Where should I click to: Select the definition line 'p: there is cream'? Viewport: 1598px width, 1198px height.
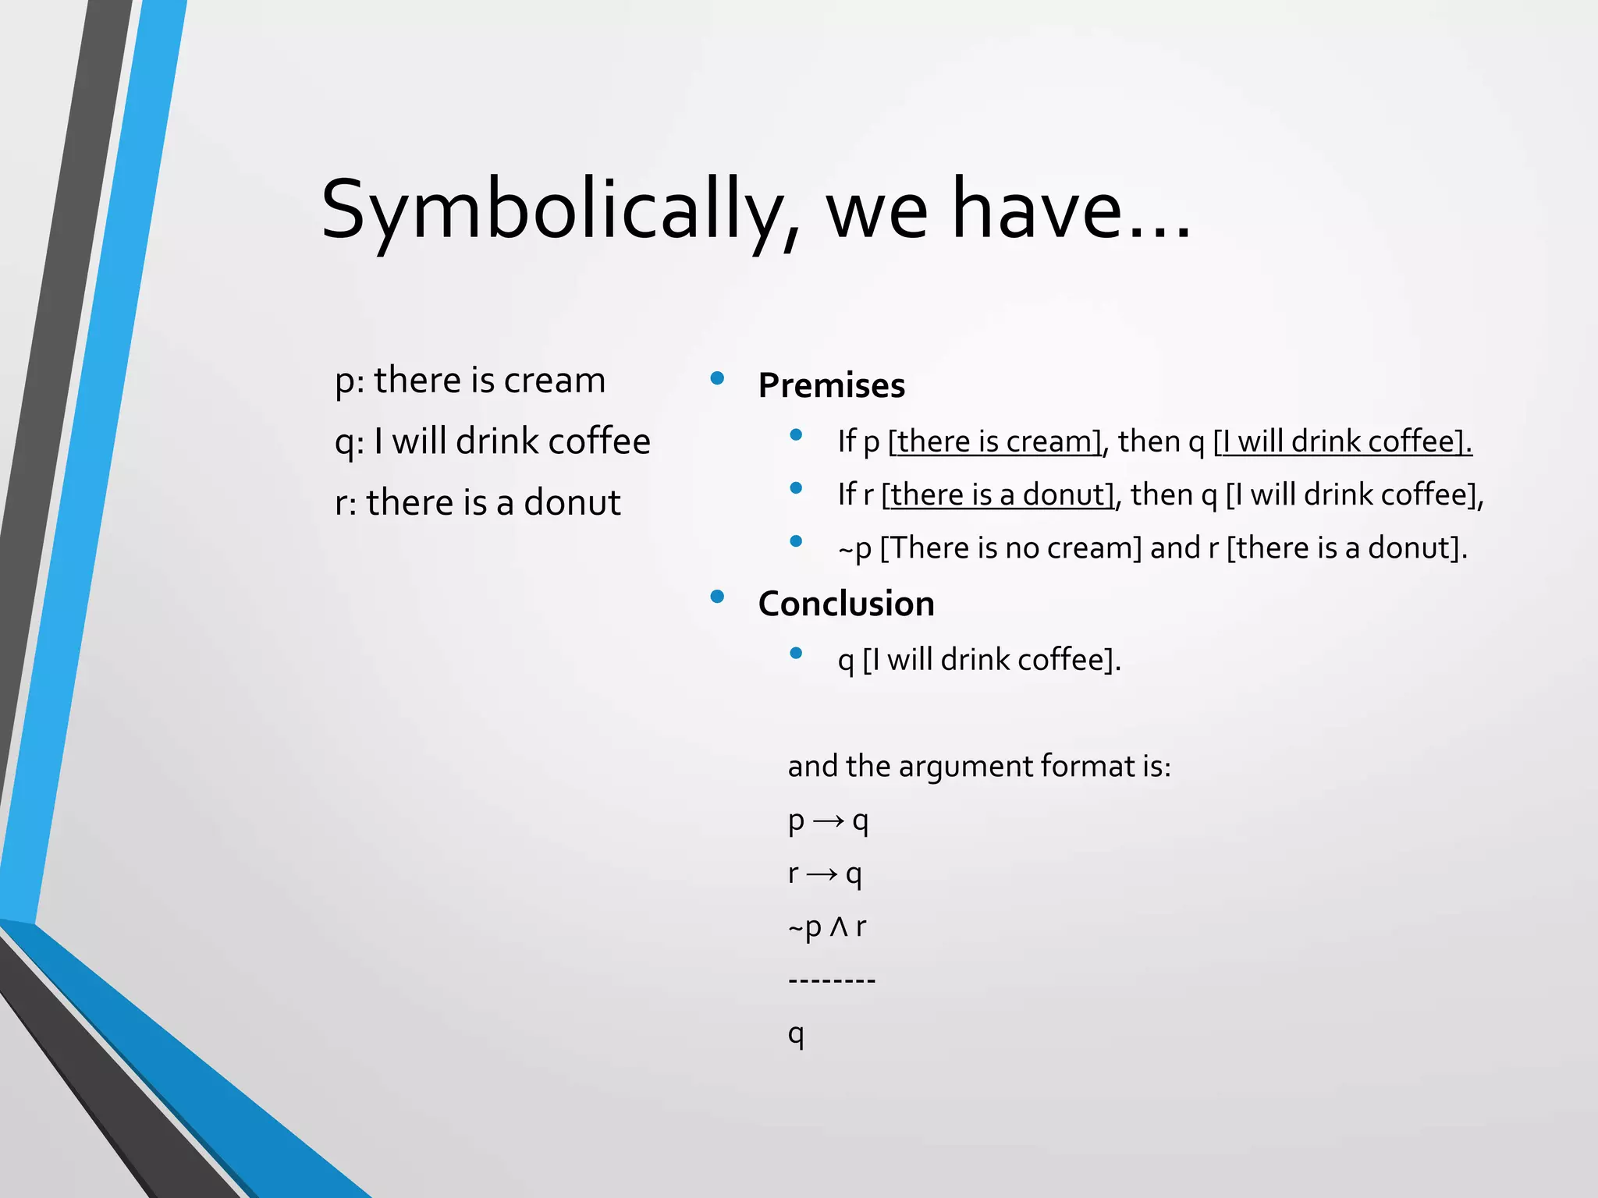click(x=470, y=381)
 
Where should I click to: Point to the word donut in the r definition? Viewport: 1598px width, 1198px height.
click(x=572, y=503)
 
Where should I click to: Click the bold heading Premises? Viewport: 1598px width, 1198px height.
click(x=831, y=386)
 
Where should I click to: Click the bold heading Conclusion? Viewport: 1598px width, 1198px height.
click(x=846, y=604)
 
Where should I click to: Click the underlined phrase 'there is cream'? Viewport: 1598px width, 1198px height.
click(x=995, y=442)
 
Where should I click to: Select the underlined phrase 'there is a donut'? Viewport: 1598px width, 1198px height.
click(x=998, y=495)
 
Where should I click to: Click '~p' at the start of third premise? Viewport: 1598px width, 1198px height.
click(x=854, y=549)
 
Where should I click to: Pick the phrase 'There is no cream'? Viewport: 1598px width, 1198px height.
click(x=1011, y=548)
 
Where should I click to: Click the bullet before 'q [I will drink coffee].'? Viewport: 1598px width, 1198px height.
click(x=796, y=654)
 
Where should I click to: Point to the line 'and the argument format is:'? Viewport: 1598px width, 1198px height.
click(x=978, y=767)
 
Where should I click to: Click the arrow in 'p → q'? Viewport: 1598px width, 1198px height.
click(x=828, y=821)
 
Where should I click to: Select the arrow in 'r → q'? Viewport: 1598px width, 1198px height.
click(x=822, y=874)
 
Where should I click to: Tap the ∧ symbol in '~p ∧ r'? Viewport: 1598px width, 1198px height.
click(x=839, y=927)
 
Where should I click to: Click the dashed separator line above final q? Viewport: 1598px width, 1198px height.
click(x=832, y=979)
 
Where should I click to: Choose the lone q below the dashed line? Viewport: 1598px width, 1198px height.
click(x=795, y=1034)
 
